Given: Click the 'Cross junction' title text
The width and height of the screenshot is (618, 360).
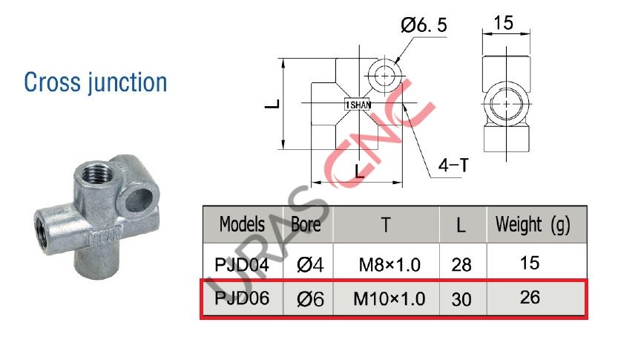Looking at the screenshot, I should (x=96, y=82).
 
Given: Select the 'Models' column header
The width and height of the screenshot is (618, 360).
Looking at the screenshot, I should (x=242, y=223).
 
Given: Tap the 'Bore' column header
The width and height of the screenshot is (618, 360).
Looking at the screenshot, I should (x=306, y=223).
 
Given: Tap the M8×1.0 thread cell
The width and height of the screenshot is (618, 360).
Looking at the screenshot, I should (x=388, y=263).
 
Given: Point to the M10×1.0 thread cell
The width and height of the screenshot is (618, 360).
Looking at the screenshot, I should (x=389, y=299).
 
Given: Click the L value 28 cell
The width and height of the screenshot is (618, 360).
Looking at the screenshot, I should (x=461, y=263).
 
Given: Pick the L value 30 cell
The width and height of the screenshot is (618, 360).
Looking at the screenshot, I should (x=461, y=299).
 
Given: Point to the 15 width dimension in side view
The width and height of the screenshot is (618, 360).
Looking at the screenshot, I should (x=503, y=23).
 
